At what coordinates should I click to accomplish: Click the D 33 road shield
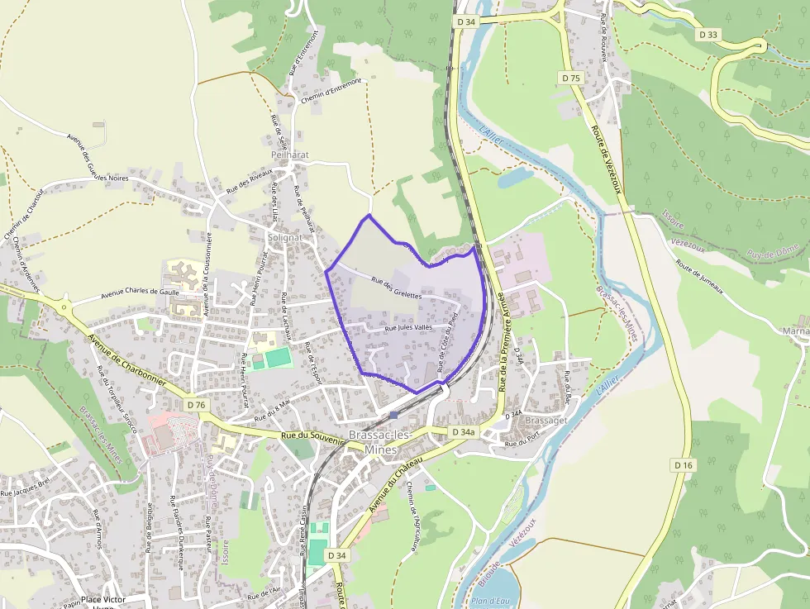pos(708,35)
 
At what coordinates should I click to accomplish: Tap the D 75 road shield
pos(571,78)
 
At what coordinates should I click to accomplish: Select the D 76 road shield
pos(195,405)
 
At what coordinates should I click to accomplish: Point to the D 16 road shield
pos(683,465)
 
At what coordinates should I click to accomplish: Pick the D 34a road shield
pos(464,432)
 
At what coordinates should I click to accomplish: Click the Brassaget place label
pos(546,420)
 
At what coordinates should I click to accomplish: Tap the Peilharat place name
pos(288,155)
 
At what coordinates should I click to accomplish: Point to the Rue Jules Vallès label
pos(409,328)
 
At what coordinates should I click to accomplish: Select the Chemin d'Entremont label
pos(332,90)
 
